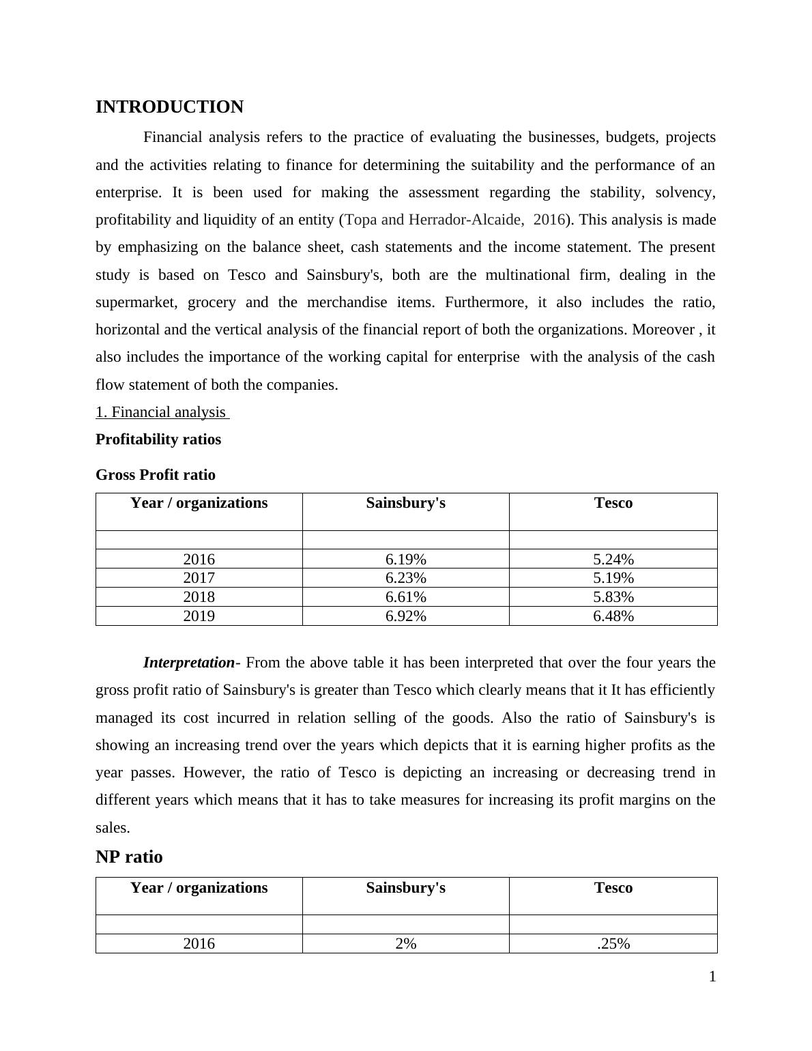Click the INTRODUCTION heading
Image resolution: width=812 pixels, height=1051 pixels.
coord(169,107)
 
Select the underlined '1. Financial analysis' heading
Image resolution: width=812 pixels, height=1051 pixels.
coord(162,412)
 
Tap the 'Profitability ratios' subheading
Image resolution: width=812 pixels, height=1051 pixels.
coord(158,440)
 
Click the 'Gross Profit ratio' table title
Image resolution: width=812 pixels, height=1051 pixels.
coord(156,475)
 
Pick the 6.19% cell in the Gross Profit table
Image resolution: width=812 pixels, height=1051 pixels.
coord(405,560)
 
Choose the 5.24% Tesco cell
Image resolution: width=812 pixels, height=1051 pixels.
coord(613,560)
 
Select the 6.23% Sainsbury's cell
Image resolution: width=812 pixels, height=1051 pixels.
coord(405,578)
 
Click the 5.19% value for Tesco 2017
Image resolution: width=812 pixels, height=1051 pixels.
coord(613,578)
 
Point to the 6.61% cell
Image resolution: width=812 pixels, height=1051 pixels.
coord(405,597)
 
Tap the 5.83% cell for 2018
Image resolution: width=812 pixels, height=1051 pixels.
coord(613,597)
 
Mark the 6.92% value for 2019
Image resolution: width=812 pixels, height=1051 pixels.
coord(405,616)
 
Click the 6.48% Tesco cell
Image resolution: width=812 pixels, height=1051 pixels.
coord(613,616)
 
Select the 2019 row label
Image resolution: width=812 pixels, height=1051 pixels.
coord(199,616)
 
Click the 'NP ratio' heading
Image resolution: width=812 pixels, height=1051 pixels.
coord(129,856)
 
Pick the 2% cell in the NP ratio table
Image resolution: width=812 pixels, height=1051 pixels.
coord(405,944)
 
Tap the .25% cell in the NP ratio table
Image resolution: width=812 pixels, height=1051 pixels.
coord(613,944)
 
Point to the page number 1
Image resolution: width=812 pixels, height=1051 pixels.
coord(712,977)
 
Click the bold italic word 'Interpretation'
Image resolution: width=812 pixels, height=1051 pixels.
coord(189,663)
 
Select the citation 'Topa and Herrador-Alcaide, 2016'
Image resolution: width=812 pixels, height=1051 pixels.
coord(456,220)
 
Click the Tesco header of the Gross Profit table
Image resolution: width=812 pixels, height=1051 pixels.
coord(613,503)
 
